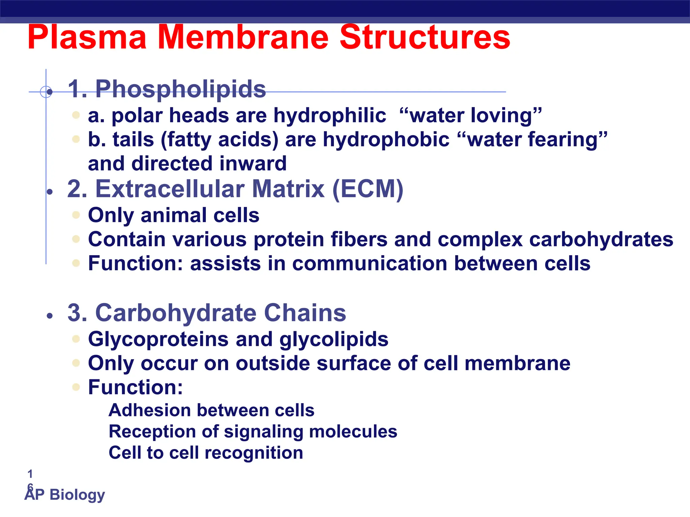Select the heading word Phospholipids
pyautogui.click(x=181, y=89)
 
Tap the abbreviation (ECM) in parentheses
pyautogui.click(x=368, y=189)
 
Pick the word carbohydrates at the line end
pyautogui.click(x=601, y=239)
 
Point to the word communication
pyautogui.click(x=370, y=263)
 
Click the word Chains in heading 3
pyautogui.click(x=305, y=313)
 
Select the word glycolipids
pyautogui.click(x=334, y=339)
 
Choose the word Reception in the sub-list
pyautogui.click(x=152, y=432)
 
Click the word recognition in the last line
pyautogui.click(x=254, y=453)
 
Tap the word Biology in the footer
pyautogui.click(x=77, y=494)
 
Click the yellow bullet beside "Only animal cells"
pyautogui.click(x=76, y=215)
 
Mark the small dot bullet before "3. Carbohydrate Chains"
pyautogui.click(x=50, y=316)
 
